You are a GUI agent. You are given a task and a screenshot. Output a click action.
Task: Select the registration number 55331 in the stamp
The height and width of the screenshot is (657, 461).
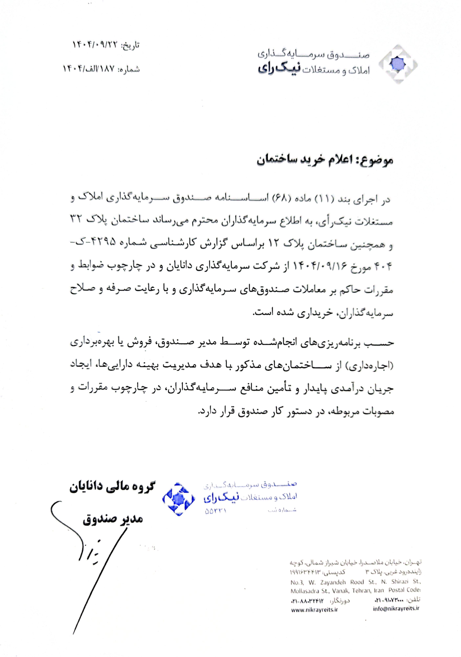click(215, 510)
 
